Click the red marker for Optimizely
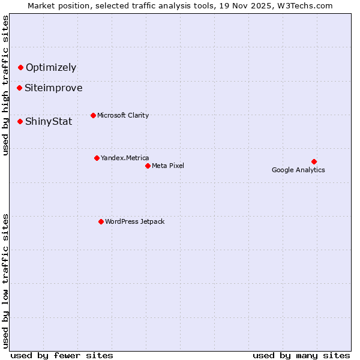tap(20, 68)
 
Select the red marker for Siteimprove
tap(19, 88)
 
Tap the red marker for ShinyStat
tap(20, 122)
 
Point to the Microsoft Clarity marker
tap(93, 115)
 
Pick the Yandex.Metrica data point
tap(97, 158)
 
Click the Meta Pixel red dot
tap(148, 166)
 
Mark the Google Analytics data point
tap(314, 161)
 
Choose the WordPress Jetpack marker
tap(101, 221)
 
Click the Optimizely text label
tap(51, 68)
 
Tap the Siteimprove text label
tap(53, 88)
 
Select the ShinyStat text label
tap(49, 122)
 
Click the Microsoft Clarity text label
tap(123, 115)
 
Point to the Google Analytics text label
tap(298, 170)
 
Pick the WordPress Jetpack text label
tap(134, 221)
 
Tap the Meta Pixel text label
tap(168, 166)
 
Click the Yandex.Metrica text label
tap(125, 158)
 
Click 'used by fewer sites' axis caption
tap(62, 355)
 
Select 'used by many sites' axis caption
tap(301, 355)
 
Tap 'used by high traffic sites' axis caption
tap(5, 85)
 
